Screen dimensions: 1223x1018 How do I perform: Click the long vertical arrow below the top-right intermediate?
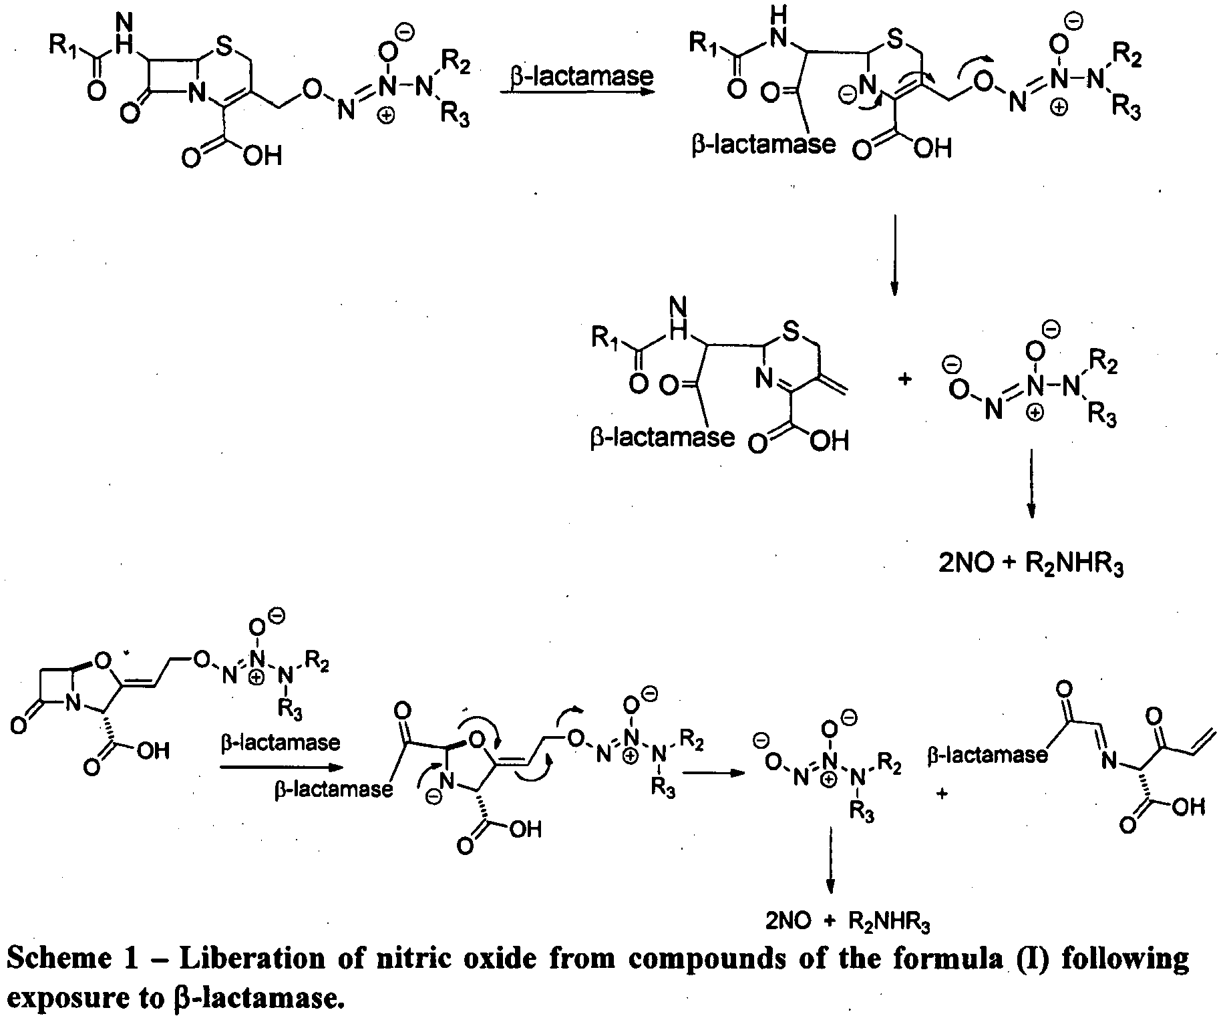click(x=894, y=254)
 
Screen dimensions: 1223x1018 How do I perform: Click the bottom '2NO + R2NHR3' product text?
click(x=848, y=922)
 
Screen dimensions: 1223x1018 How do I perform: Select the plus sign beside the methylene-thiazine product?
click(x=905, y=379)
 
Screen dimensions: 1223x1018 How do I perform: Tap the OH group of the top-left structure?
click(x=263, y=156)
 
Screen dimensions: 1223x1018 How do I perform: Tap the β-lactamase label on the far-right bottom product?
click(x=988, y=754)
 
